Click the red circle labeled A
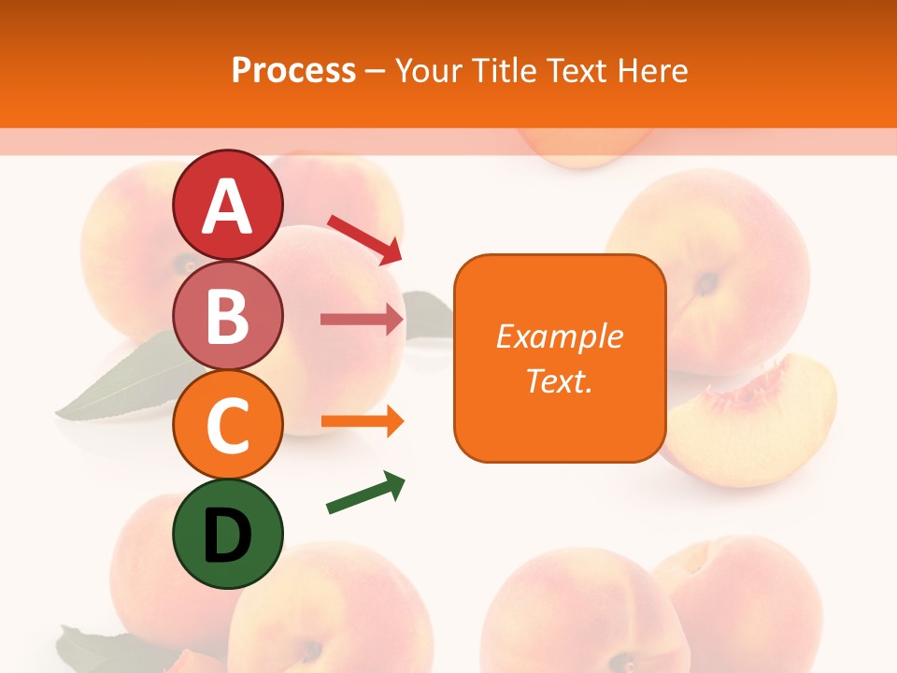[x=227, y=205]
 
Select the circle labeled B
[x=227, y=315]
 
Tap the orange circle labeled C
[x=227, y=425]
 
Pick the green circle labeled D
[x=227, y=535]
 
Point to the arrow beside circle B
[x=362, y=320]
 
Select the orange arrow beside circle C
[x=362, y=422]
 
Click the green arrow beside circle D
[x=365, y=493]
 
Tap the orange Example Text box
[x=560, y=358]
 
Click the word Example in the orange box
[x=560, y=336]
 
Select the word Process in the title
[x=293, y=70]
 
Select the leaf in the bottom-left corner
[x=93, y=650]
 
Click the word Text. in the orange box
[x=559, y=381]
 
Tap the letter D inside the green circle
[x=227, y=537]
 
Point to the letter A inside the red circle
[x=227, y=207]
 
